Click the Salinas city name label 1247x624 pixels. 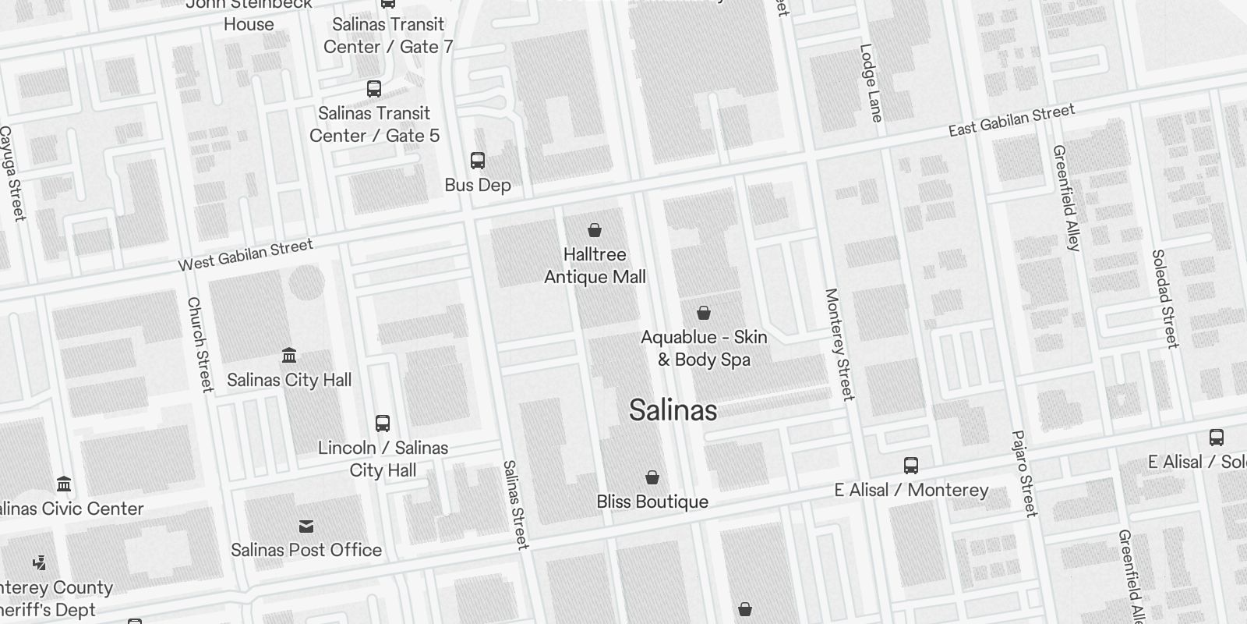[673, 410]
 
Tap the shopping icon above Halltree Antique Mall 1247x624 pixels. [595, 230]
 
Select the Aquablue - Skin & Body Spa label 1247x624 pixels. [704, 348]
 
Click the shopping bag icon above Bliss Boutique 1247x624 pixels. [652, 477]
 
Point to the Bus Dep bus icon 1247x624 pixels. [478, 161]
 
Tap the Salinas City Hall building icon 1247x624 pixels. [289, 356]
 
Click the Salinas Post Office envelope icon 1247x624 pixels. [306, 526]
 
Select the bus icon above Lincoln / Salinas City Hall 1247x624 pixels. [383, 424]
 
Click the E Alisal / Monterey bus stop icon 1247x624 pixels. [911, 466]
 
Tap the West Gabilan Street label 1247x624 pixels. [246, 255]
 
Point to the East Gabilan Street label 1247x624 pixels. [1012, 121]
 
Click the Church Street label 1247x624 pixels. [200, 344]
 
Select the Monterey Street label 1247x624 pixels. [839, 344]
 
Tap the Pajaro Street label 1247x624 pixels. [1024, 473]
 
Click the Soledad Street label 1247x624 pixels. [1165, 298]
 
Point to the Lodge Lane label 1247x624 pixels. [871, 83]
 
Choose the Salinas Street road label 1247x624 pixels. [516, 505]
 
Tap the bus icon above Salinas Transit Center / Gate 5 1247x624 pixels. [374, 89]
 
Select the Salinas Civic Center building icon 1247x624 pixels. [65, 484]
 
